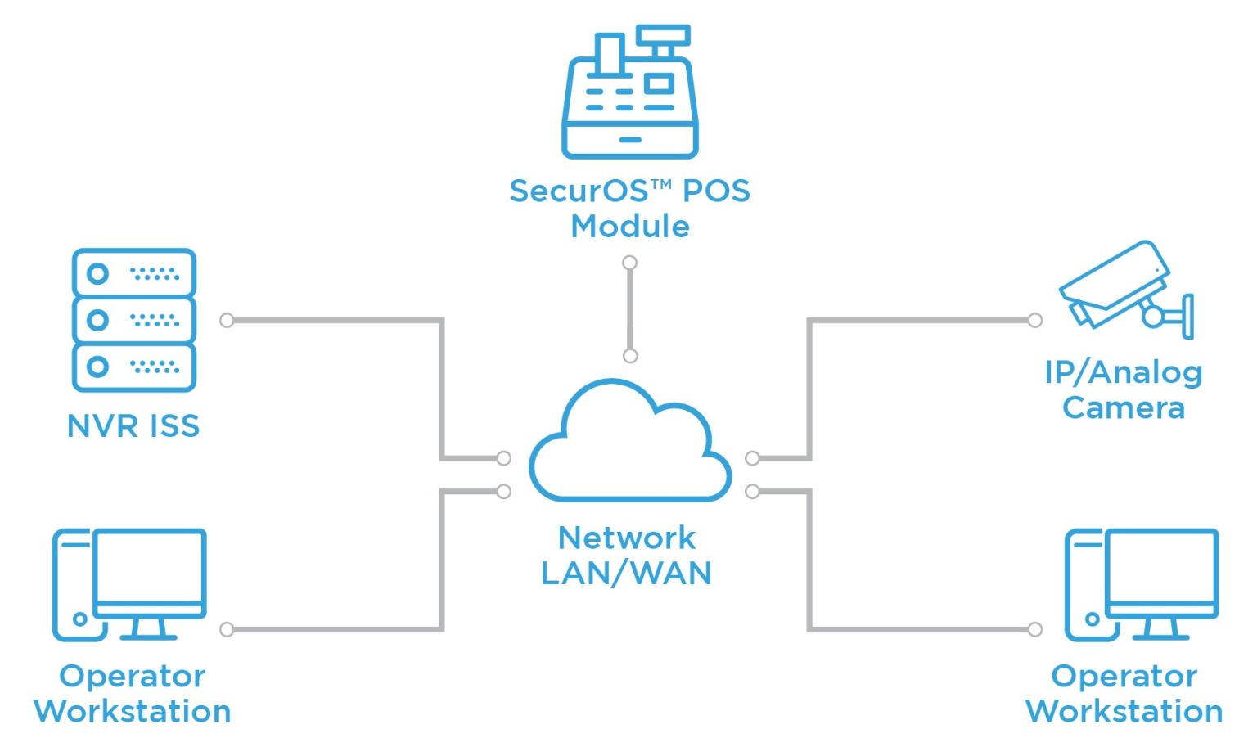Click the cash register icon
pos(629,94)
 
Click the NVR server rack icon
pos(133,320)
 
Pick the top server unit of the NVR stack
pos(133,273)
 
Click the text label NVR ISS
pos(133,426)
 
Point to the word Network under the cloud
pos(627,538)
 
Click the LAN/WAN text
pos(627,574)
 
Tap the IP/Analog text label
pos(1124,372)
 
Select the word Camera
pos(1124,407)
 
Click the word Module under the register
pos(630,226)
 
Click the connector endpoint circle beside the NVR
pos(228,320)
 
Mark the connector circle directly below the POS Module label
pos(629,263)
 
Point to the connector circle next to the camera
pos(1035,320)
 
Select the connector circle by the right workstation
pos(1035,629)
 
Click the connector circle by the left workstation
pos(228,629)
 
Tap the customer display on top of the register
pos(664,35)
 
